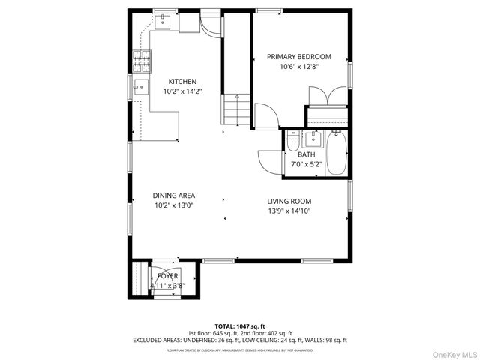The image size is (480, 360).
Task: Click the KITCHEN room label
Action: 182,82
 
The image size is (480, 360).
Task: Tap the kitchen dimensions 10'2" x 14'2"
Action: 182,91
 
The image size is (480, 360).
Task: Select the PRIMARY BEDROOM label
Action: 299,56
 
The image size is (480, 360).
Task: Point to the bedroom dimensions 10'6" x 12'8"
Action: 299,66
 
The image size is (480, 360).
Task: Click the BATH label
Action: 306,154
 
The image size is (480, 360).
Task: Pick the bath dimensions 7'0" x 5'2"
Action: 306,164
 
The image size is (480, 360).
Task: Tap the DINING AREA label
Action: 174,196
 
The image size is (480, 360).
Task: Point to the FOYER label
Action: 167,276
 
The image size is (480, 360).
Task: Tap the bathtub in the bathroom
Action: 338,153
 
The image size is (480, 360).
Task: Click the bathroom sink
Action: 313,139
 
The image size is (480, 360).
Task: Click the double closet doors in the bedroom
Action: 328,96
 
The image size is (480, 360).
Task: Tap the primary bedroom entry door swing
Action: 265,115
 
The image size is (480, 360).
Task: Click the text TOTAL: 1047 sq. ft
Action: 239,325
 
